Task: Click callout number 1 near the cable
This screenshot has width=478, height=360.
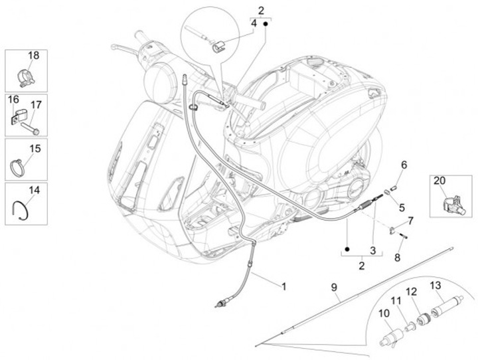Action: [283, 286]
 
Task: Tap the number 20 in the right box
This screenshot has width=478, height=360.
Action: [439, 181]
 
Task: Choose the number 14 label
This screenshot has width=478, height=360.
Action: [34, 190]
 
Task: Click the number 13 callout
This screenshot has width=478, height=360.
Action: [436, 286]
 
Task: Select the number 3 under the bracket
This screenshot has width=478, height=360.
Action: [373, 250]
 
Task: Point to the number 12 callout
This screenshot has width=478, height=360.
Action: [412, 291]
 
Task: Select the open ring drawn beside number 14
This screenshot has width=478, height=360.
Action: [22, 209]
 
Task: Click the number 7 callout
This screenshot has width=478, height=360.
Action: [410, 220]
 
